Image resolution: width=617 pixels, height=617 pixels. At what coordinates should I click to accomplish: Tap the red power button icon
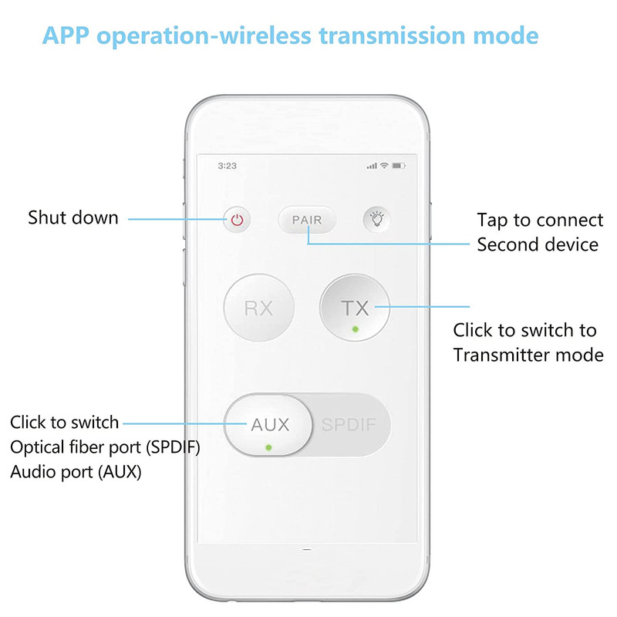click(237, 220)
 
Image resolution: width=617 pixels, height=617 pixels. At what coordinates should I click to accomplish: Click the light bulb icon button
click(377, 219)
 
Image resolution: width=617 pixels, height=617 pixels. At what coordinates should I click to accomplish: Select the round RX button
click(258, 308)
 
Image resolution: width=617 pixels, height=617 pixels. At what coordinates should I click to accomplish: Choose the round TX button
click(355, 308)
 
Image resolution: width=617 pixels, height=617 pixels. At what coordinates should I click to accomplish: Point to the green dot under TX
click(356, 329)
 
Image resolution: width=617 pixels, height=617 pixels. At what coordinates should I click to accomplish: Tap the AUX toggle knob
click(268, 425)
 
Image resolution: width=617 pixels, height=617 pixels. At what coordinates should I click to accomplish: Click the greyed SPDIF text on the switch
click(349, 425)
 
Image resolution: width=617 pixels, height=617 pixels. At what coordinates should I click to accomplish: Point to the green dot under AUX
click(268, 447)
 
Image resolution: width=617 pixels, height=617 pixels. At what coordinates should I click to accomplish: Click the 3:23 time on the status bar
click(228, 166)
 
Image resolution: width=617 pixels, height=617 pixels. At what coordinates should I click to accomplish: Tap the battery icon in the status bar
click(399, 166)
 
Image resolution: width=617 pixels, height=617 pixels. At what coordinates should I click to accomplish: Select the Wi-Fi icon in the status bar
click(384, 166)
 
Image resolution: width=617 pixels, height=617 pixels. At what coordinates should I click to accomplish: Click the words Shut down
click(73, 217)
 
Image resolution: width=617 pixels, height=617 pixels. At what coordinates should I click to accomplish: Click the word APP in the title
click(66, 35)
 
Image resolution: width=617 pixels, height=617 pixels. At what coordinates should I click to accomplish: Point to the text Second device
click(538, 244)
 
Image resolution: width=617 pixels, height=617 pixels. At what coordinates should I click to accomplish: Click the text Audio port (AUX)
click(76, 472)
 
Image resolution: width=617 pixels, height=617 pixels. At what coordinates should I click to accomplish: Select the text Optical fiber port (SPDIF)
click(105, 447)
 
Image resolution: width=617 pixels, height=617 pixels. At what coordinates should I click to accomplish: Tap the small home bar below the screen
click(307, 549)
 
